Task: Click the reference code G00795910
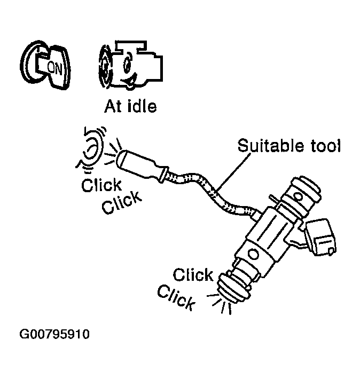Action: pyautogui.click(x=54, y=335)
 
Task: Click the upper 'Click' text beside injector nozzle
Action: pyautogui.click(x=193, y=275)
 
